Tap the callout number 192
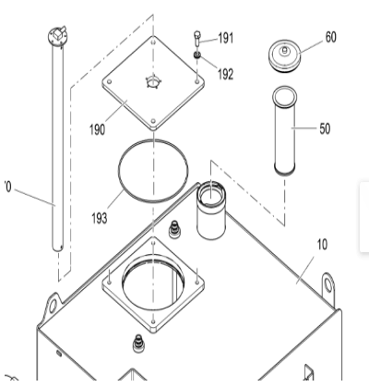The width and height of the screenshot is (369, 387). (226, 74)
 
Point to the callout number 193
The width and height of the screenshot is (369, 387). (99, 219)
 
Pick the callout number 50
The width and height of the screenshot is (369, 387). (325, 128)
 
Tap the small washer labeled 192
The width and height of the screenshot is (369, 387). (198, 55)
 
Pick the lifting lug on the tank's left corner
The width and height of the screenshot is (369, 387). (52, 303)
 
